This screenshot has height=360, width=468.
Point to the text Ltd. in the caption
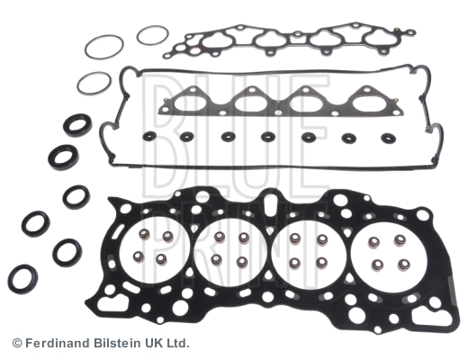click(x=178, y=343)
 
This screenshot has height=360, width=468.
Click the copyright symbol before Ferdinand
click(x=17, y=343)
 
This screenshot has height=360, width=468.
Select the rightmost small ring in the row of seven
click(x=389, y=139)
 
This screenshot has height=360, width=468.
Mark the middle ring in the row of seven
click(x=267, y=138)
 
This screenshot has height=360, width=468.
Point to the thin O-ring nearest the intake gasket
click(x=152, y=35)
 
